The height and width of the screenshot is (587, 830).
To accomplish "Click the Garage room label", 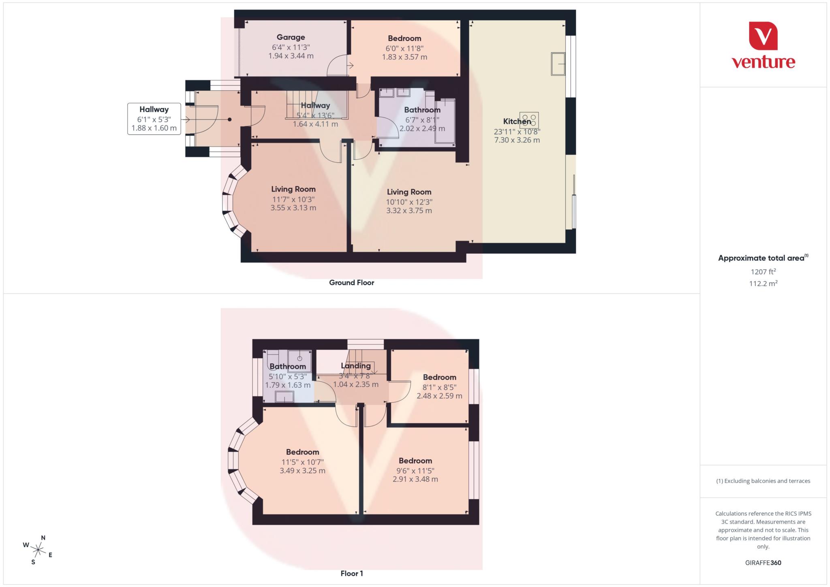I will pyautogui.click(x=291, y=37).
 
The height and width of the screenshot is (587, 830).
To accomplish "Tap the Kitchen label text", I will pyautogui.click(x=517, y=121).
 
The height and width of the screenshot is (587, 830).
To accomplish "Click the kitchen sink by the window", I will pyautogui.click(x=558, y=64).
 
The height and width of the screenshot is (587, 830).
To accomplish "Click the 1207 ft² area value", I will pyautogui.click(x=763, y=272).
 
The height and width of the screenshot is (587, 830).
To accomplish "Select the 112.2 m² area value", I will pyautogui.click(x=763, y=284).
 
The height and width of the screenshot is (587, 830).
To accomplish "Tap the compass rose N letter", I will pyautogui.click(x=43, y=538).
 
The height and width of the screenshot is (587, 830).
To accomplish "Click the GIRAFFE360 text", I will pyautogui.click(x=763, y=563).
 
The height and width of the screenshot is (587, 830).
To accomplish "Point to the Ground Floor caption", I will pyautogui.click(x=351, y=283).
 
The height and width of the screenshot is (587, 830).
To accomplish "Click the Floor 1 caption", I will pyautogui.click(x=351, y=574).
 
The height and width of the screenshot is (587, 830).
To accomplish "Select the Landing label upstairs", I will pyautogui.click(x=355, y=366).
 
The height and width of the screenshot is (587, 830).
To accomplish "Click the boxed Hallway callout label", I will pyautogui.click(x=154, y=109).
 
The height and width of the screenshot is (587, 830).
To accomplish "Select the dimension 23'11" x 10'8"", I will pyautogui.click(x=517, y=132).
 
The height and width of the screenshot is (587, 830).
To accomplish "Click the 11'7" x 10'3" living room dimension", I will pyautogui.click(x=293, y=199).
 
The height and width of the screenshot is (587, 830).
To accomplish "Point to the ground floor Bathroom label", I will pyautogui.click(x=422, y=110).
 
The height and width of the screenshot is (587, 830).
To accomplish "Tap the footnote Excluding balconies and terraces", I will pyautogui.click(x=763, y=481).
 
